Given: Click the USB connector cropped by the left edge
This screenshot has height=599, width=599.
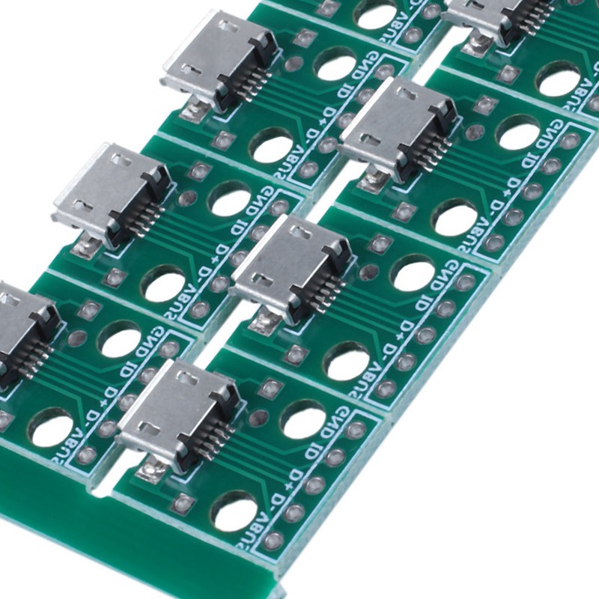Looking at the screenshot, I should point(22,329).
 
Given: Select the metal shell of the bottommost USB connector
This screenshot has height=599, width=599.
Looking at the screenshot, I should point(168,412).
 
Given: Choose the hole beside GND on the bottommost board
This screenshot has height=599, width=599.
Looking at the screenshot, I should point(303,419).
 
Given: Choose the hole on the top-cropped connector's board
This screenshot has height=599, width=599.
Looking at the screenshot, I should point(558,79).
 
